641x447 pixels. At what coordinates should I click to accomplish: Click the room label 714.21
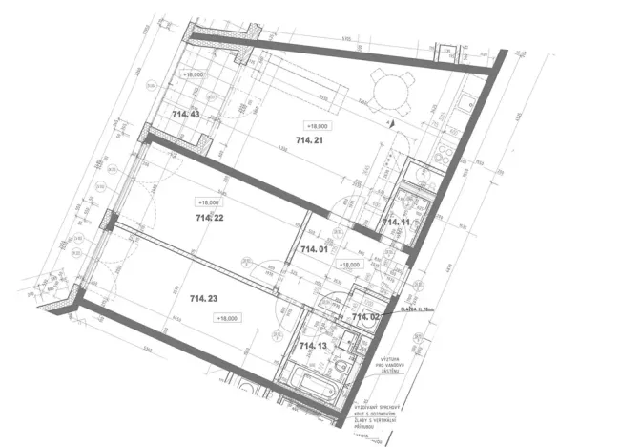coord(310,140)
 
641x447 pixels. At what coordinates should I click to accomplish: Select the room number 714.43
coord(185,114)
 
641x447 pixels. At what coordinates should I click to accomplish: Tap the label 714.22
coord(209,218)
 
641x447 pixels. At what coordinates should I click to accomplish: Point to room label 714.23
coord(204,299)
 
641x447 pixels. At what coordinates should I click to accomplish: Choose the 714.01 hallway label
coord(314,249)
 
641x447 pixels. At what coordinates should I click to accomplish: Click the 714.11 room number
coord(396,222)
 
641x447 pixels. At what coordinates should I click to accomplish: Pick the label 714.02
coord(366,316)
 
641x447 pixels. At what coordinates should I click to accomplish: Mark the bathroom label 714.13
coord(313,345)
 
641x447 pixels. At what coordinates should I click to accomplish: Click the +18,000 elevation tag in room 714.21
coord(317,125)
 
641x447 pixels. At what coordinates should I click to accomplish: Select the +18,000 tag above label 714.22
coord(208,202)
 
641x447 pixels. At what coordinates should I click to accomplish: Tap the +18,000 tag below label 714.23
coord(227,318)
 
